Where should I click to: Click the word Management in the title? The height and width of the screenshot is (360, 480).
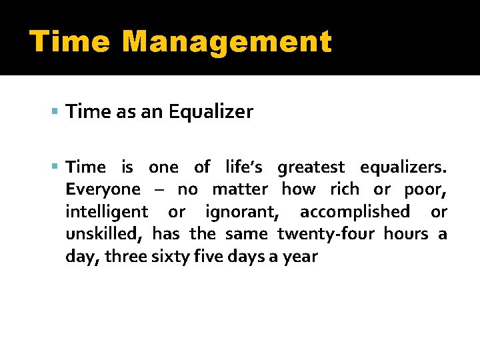click(x=227, y=42)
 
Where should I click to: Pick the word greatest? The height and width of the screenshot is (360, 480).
click(x=311, y=167)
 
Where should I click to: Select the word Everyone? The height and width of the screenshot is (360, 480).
click(x=103, y=189)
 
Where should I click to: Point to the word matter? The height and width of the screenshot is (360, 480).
click(x=240, y=189)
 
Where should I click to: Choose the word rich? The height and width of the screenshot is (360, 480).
click(x=345, y=189)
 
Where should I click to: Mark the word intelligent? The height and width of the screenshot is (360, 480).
click(x=107, y=212)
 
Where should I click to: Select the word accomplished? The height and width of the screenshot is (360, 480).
click(x=355, y=212)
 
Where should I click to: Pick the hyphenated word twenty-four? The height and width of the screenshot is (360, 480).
click(x=326, y=234)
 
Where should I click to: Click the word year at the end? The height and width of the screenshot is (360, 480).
click(x=301, y=257)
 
